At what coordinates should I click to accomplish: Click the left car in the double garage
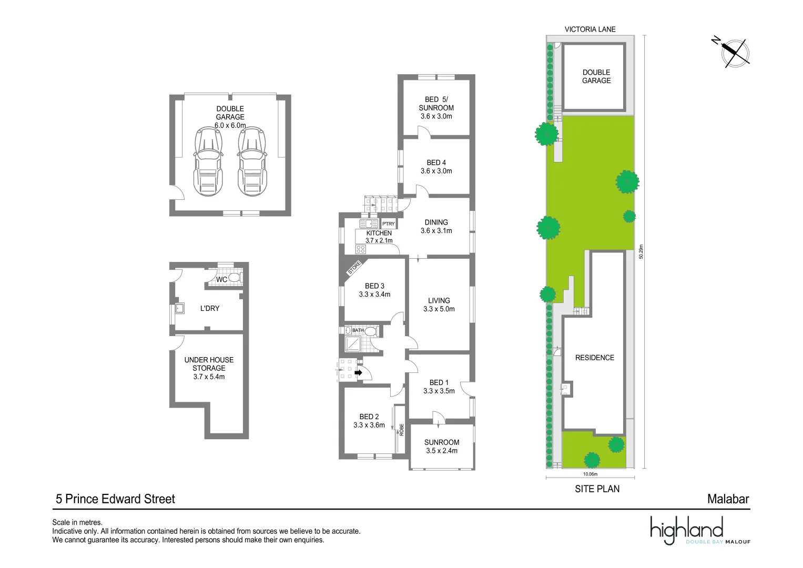[209, 161]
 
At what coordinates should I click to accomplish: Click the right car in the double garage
[251, 161]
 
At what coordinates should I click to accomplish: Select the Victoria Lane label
[589, 29]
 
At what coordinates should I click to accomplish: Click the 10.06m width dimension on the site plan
[590, 474]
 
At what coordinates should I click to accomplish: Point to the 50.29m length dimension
[641, 251]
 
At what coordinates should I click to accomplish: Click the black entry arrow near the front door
[358, 373]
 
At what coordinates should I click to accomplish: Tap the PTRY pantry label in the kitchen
[388, 224]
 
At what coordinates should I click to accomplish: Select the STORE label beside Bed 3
[354, 268]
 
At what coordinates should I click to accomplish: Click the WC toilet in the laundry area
[234, 277]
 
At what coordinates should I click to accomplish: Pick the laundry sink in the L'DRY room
[179, 308]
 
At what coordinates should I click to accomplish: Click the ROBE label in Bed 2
[401, 430]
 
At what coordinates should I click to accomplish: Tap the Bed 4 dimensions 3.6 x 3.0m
[436, 171]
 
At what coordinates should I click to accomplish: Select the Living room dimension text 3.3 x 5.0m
[439, 309]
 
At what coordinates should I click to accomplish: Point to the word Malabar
[728, 499]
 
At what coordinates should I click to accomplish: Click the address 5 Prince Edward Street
[115, 499]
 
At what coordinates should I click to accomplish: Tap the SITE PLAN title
[597, 489]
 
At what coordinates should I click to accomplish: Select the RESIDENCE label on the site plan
[594, 358]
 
